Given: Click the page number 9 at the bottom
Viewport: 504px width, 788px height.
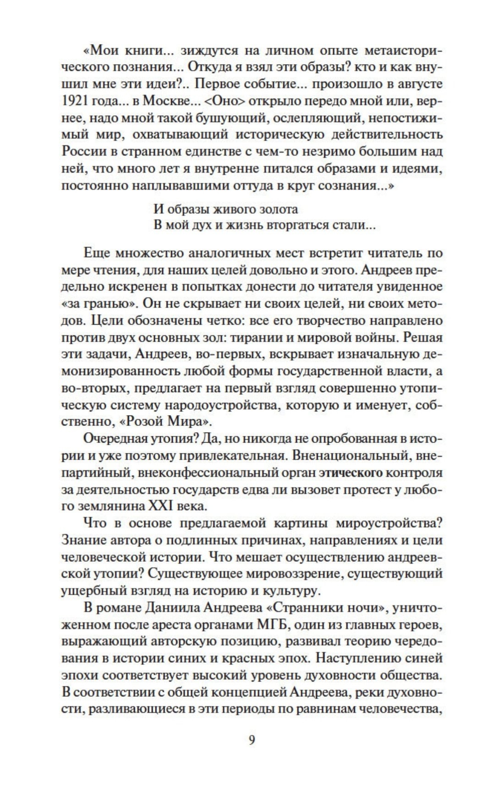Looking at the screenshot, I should click(252, 740).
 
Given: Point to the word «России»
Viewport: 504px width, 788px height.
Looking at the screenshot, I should click(82, 152).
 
